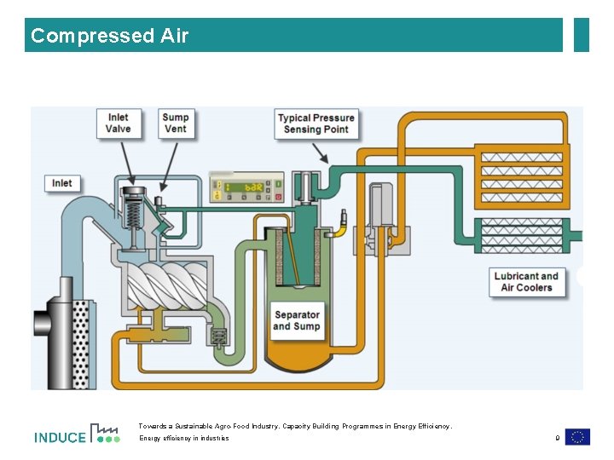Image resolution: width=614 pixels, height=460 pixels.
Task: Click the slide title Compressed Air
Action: pos(109,36)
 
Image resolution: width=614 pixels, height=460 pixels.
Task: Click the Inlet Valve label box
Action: pos(119,124)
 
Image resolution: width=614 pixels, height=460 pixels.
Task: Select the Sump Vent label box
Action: pos(176,124)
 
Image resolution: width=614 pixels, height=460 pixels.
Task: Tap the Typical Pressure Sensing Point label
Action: pos(316,124)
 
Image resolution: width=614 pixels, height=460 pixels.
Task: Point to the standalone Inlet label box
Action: pos(62,183)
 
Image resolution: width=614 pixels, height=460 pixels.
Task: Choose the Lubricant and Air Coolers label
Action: pos(526,282)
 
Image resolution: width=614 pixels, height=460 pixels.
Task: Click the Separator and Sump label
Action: pos(297,320)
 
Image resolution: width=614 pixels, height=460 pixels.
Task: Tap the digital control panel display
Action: pos(246,188)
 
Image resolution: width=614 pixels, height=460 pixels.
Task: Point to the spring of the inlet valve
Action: pos(132,214)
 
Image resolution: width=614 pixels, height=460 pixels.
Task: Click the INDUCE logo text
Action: pos(60,438)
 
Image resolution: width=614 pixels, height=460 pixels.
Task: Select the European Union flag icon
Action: pos(577,437)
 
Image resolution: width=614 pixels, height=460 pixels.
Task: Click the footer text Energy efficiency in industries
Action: pos(184,439)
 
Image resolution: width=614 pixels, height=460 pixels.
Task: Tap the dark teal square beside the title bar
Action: pos(582,35)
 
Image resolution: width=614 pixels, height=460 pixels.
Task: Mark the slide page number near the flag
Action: pos(557,438)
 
